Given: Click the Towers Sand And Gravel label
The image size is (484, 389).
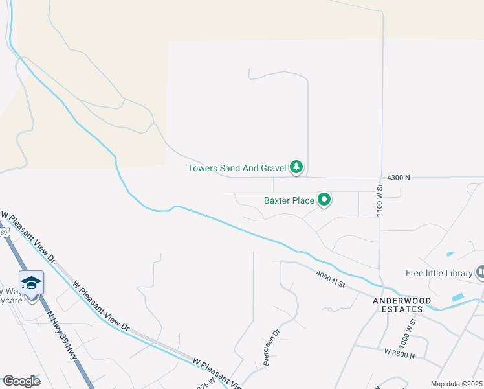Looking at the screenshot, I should tap(237, 168).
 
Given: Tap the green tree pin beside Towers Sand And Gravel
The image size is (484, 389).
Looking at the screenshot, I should tap(296, 167).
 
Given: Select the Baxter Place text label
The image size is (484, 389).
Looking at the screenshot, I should tap(289, 200).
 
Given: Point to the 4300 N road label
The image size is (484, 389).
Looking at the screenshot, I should tap(398, 178).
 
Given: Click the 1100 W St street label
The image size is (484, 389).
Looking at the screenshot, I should tap(380, 200).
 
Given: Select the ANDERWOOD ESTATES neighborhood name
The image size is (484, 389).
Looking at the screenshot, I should tap(397, 305).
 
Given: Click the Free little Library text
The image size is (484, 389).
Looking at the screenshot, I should tap(439, 273).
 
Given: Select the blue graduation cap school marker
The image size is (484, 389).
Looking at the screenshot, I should tap(31, 283).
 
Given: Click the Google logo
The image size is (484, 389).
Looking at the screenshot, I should tap(21, 381).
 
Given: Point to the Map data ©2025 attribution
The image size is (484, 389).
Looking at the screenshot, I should tap(456, 384).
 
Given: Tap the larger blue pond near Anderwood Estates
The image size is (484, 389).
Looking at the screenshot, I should tap(458, 298).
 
